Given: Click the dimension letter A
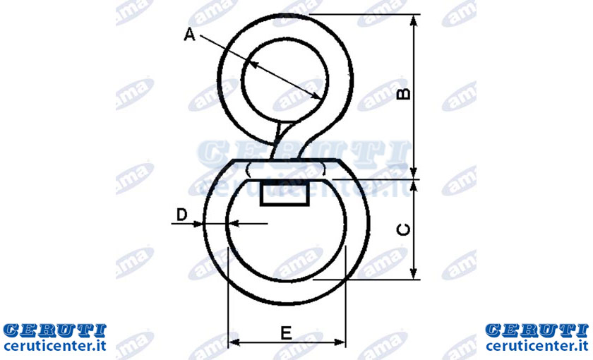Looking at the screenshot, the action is (x=189, y=35).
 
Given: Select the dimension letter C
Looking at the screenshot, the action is (x=403, y=229).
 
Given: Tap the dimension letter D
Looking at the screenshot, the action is (x=182, y=215).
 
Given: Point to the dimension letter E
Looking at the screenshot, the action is (x=287, y=333).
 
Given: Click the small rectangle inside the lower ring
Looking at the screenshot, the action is (x=284, y=194).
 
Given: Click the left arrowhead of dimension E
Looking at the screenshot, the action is (x=234, y=342).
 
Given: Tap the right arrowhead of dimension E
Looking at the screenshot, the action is (x=340, y=342).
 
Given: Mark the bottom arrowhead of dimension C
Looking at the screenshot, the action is (x=414, y=273).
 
